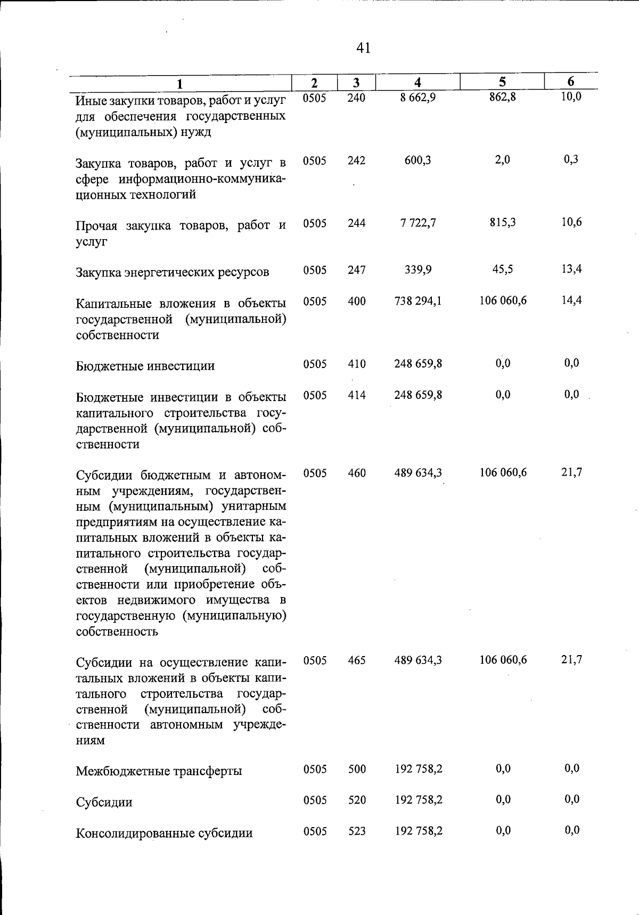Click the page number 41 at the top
(x=363, y=48)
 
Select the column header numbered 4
(x=418, y=83)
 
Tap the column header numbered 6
(x=570, y=81)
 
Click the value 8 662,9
(x=418, y=97)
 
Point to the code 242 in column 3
(x=356, y=160)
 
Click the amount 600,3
(x=418, y=160)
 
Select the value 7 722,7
(x=418, y=223)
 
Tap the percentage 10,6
(x=571, y=222)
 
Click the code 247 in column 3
(x=356, y=270)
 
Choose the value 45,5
(x=502, y=269)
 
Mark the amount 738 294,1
(x=418, y=301)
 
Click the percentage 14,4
(x=571, y=300)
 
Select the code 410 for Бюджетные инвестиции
(x=356, y=364)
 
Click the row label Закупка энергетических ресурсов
(x=172, y=273)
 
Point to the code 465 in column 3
(x=356, y=660)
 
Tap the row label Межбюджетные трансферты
(x=159, y=771)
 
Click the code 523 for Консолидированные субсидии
(x=356, y=831)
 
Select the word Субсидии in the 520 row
(x=104, y=802)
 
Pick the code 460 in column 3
(x=356, y=473)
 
